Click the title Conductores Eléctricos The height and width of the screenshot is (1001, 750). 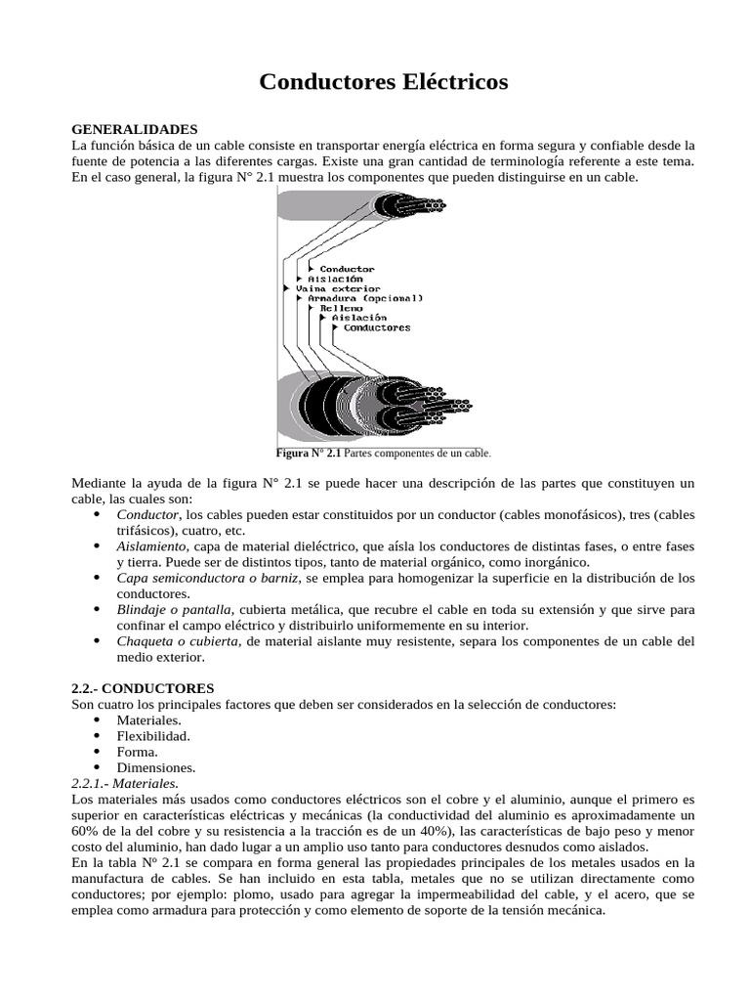click(x=384, y=82)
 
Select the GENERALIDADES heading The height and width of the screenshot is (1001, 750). click(x=135, y=129)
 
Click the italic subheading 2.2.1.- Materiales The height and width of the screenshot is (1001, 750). click(x=126, y=783)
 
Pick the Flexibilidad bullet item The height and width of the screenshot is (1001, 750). click(x=153, y=735)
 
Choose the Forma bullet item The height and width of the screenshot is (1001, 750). click(x=137, y=752)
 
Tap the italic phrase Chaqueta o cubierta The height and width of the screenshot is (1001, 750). click(x=178, y=640)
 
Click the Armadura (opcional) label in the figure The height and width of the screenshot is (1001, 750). click(x=365, y=298)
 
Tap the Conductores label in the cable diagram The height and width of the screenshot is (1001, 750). click(x=377, y=327)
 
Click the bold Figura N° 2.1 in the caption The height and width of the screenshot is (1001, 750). click(x=309, y=454)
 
